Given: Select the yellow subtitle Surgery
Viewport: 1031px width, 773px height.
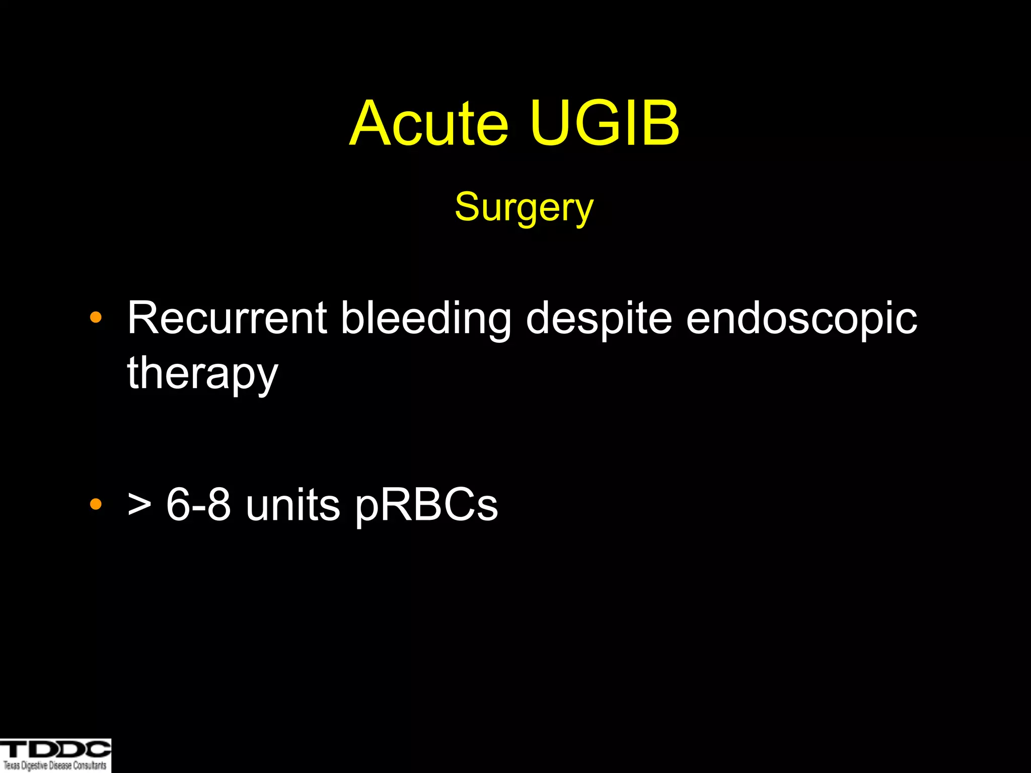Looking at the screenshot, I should [524, 207].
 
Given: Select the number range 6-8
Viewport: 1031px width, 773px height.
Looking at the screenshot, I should [198, 505].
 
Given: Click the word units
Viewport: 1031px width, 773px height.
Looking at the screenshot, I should [292, 505].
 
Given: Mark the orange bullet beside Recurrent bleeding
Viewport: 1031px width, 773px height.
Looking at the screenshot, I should [95, 318].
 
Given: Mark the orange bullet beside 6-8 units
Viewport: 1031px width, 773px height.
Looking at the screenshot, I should [95, 504].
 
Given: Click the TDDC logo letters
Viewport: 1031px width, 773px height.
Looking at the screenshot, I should [55, 749].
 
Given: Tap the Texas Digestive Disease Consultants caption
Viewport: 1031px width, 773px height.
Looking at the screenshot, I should [55, 765].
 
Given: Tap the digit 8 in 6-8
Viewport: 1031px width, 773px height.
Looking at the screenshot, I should [218, 505].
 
